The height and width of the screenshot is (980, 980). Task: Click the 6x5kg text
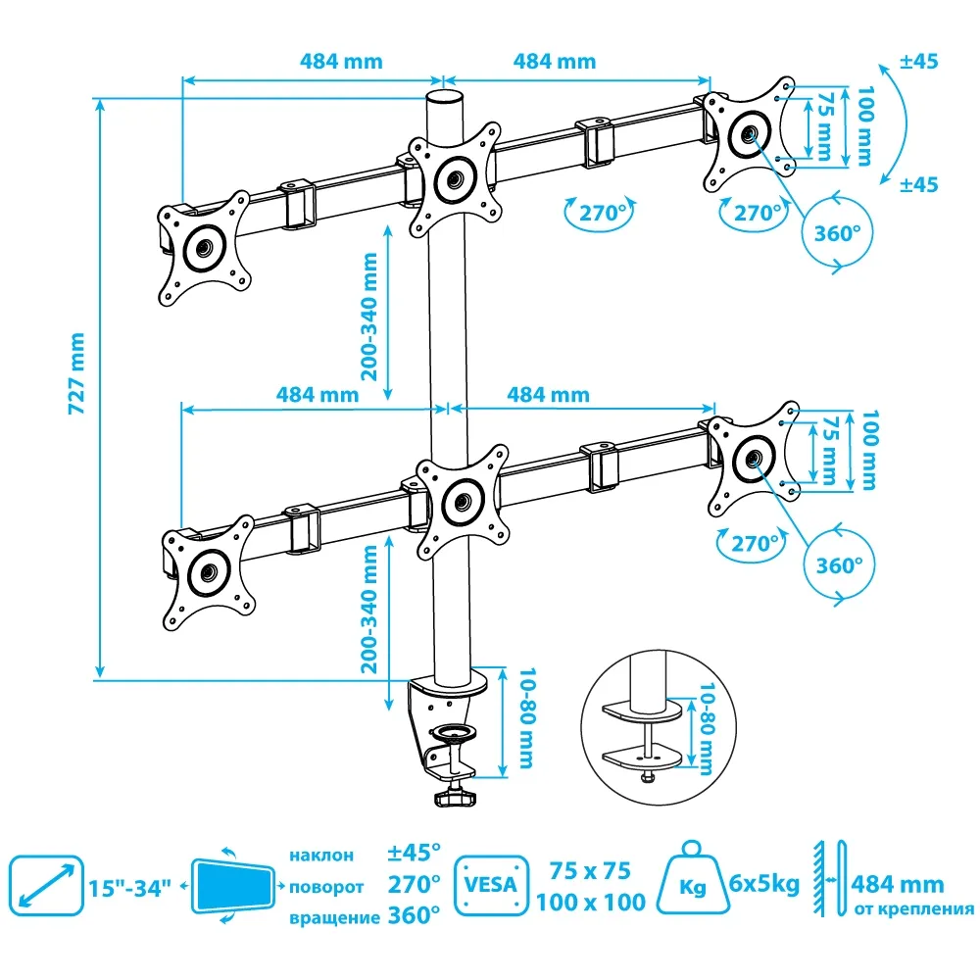click(764, 884)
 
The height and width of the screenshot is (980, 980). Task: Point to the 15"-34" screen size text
click(129, 888)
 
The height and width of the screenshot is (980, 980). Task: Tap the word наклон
click(320, 856)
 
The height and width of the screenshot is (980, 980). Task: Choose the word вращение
click(334, 918)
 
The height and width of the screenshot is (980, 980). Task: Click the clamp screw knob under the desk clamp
click(455, 798)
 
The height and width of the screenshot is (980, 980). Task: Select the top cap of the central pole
click(444, 99)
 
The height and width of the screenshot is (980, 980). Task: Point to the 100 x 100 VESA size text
click(590, 902)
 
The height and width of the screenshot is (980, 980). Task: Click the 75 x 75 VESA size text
click(590, 871)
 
